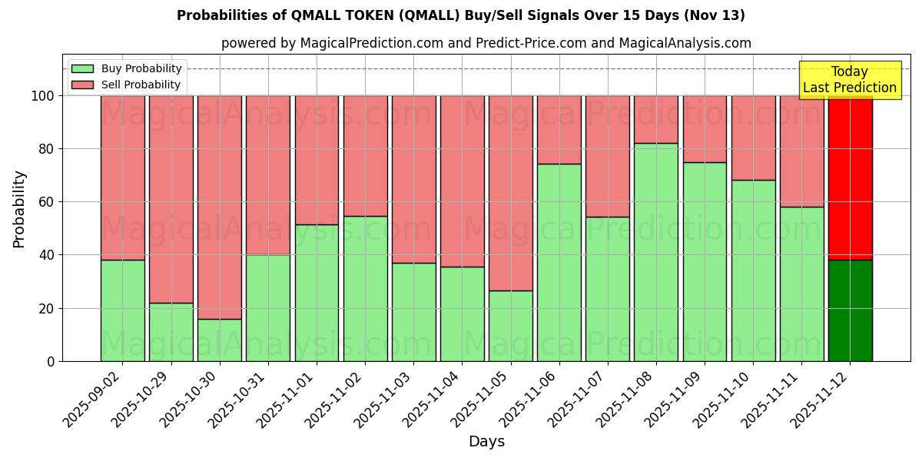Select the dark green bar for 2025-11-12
[851, 310]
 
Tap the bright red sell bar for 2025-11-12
[851, 177]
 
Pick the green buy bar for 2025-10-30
[220, 340]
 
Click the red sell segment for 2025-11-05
[511, 193]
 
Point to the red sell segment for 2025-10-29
[171, 199]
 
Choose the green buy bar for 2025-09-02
[123, 310]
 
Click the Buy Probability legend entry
[127, 68]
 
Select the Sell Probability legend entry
[127, 85]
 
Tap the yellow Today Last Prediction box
[850, 80]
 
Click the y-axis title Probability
[19, 208]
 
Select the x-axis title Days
[486, 442]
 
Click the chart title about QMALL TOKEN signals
[461, 15]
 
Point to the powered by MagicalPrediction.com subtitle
[486, 43]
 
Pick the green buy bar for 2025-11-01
[317, 293]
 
